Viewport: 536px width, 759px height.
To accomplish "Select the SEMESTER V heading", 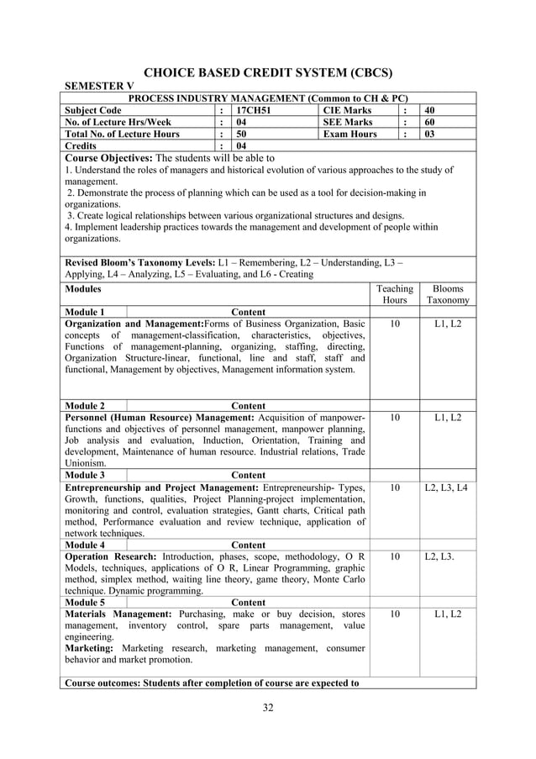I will [99, 87].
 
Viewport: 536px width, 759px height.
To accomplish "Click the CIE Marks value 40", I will [429, 110].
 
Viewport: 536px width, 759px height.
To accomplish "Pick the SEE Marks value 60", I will [429, 122].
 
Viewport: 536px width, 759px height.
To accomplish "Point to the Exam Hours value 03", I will [429, 134].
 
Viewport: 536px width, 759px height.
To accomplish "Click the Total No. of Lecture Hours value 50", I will [242, 134].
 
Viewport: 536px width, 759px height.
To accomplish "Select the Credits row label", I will [83, 145].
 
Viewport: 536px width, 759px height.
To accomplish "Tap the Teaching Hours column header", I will [394, 293].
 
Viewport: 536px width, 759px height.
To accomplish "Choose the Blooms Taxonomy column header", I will [447, 293].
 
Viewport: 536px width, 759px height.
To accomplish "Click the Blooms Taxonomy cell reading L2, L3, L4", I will [446, 487].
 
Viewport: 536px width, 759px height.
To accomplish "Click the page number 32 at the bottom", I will [268, 707].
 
